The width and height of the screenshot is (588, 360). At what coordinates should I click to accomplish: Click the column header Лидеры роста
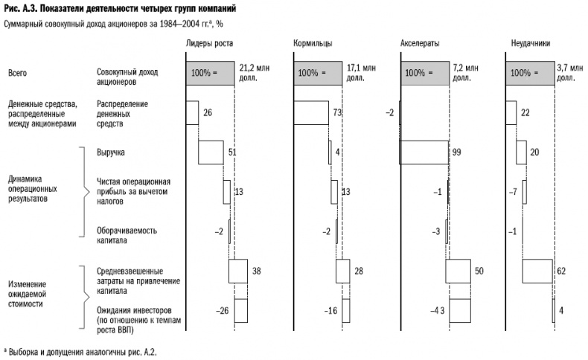[208, 44]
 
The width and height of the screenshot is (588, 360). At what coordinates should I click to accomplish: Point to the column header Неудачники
[530, 44]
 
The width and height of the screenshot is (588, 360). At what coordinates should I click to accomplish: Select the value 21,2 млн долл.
[253, 72]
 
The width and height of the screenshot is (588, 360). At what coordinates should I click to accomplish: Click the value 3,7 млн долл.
[571, 72]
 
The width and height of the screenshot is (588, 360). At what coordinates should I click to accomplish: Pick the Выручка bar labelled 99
[424, 152]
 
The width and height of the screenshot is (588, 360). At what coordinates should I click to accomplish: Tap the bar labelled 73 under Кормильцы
[311, 112]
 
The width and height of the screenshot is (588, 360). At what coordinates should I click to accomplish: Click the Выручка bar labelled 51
[211, 152]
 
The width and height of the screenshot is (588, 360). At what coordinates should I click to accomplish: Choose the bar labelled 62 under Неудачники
[537, 271]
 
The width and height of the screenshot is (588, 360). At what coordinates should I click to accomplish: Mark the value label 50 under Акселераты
[479, 271]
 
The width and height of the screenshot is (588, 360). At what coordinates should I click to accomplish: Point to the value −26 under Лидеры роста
[222, 310]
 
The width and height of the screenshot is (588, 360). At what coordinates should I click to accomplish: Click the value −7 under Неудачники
[512, 192]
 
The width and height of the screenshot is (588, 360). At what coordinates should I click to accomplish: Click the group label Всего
[17, 73]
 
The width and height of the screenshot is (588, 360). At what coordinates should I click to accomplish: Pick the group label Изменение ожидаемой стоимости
[29, 295]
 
